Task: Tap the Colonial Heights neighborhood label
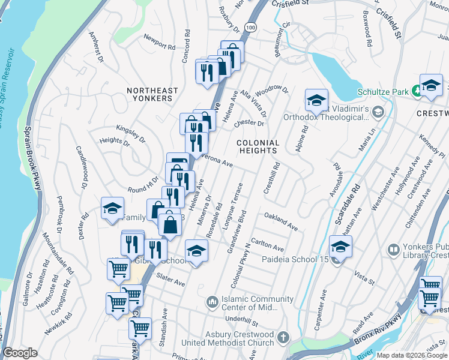[x=258, y=147]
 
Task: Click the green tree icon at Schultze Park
[x=416, y=91]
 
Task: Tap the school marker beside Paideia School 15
[x=340, y=246]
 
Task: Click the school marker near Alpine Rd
[x=316, y=100]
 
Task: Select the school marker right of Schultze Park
[x=430, y=86]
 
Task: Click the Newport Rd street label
[x=159, y=42]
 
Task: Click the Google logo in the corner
[x=20, y=353]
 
